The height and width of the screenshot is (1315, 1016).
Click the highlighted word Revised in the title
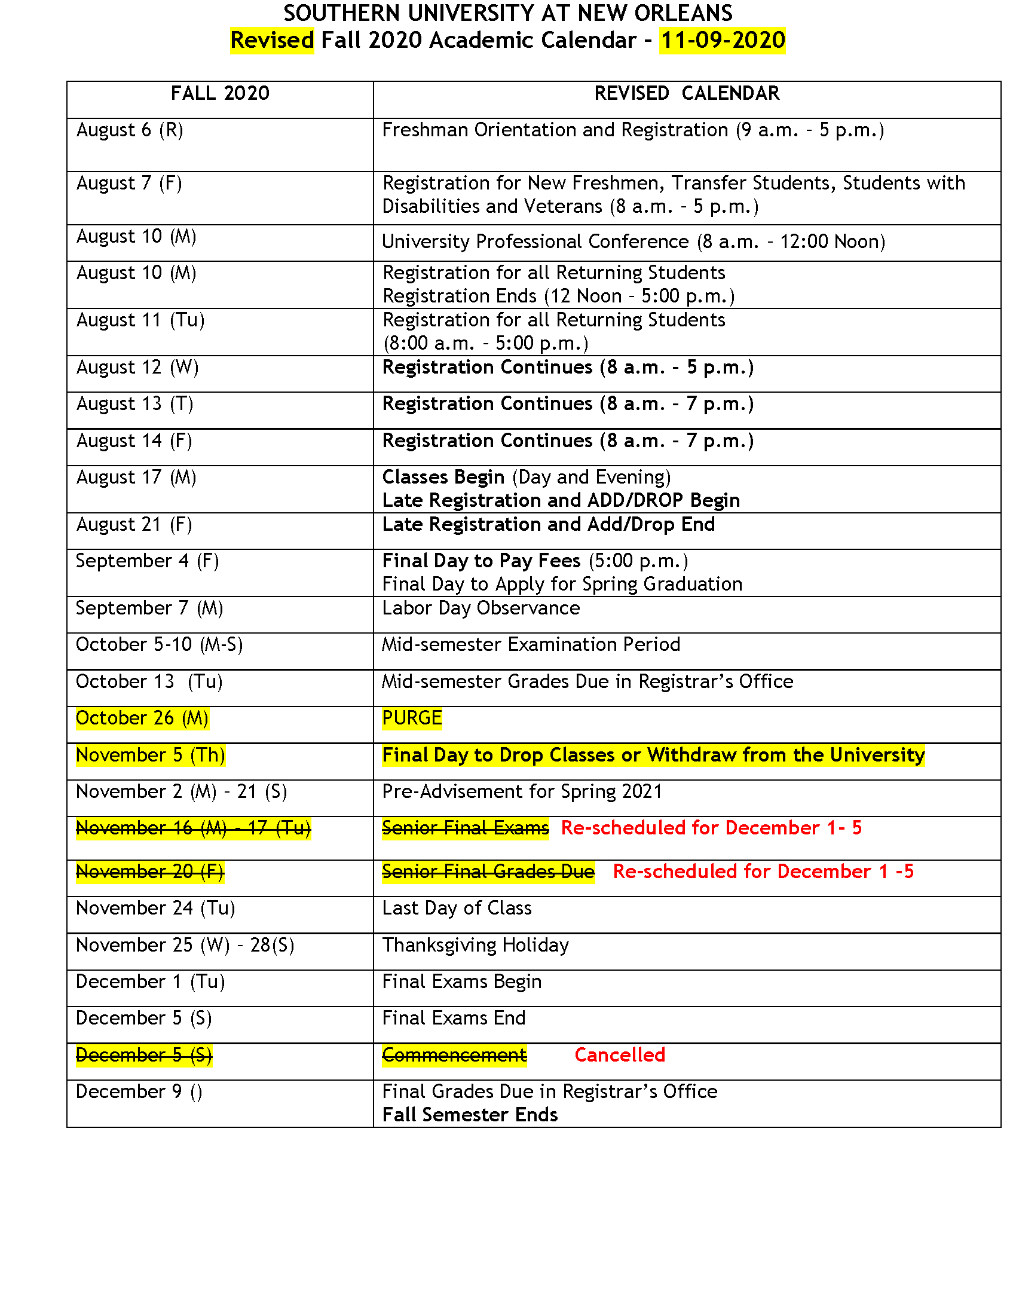tap(272, 40)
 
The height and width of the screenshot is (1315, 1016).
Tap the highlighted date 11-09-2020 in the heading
tap(723, 40)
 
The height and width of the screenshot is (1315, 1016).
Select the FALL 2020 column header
tap(220, 93)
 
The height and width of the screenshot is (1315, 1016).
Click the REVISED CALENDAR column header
tap(687, 93)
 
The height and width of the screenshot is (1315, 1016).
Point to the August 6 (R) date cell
tap(130, 130)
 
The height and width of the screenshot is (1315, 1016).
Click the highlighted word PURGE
tap(412, 718)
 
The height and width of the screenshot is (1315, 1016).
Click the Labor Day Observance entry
tap(481, 608)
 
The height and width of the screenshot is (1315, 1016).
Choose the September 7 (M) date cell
tap(149, 608)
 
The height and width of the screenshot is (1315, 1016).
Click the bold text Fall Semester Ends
tap(470, 1115)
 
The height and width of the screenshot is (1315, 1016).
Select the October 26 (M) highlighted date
tap(142, 718)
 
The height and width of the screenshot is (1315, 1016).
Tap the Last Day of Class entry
tap(457, 908)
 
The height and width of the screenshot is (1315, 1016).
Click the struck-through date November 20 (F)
tap(150, 871)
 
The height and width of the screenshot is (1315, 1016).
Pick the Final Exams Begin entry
tap(461, 981)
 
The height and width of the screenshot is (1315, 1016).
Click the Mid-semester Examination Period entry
tap(531, 644)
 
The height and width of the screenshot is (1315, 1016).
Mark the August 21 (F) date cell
tap(134, 524)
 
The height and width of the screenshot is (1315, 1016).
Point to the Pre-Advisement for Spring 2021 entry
tap(522, 791)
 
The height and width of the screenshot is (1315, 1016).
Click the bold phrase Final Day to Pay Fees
tap(481, 561)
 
